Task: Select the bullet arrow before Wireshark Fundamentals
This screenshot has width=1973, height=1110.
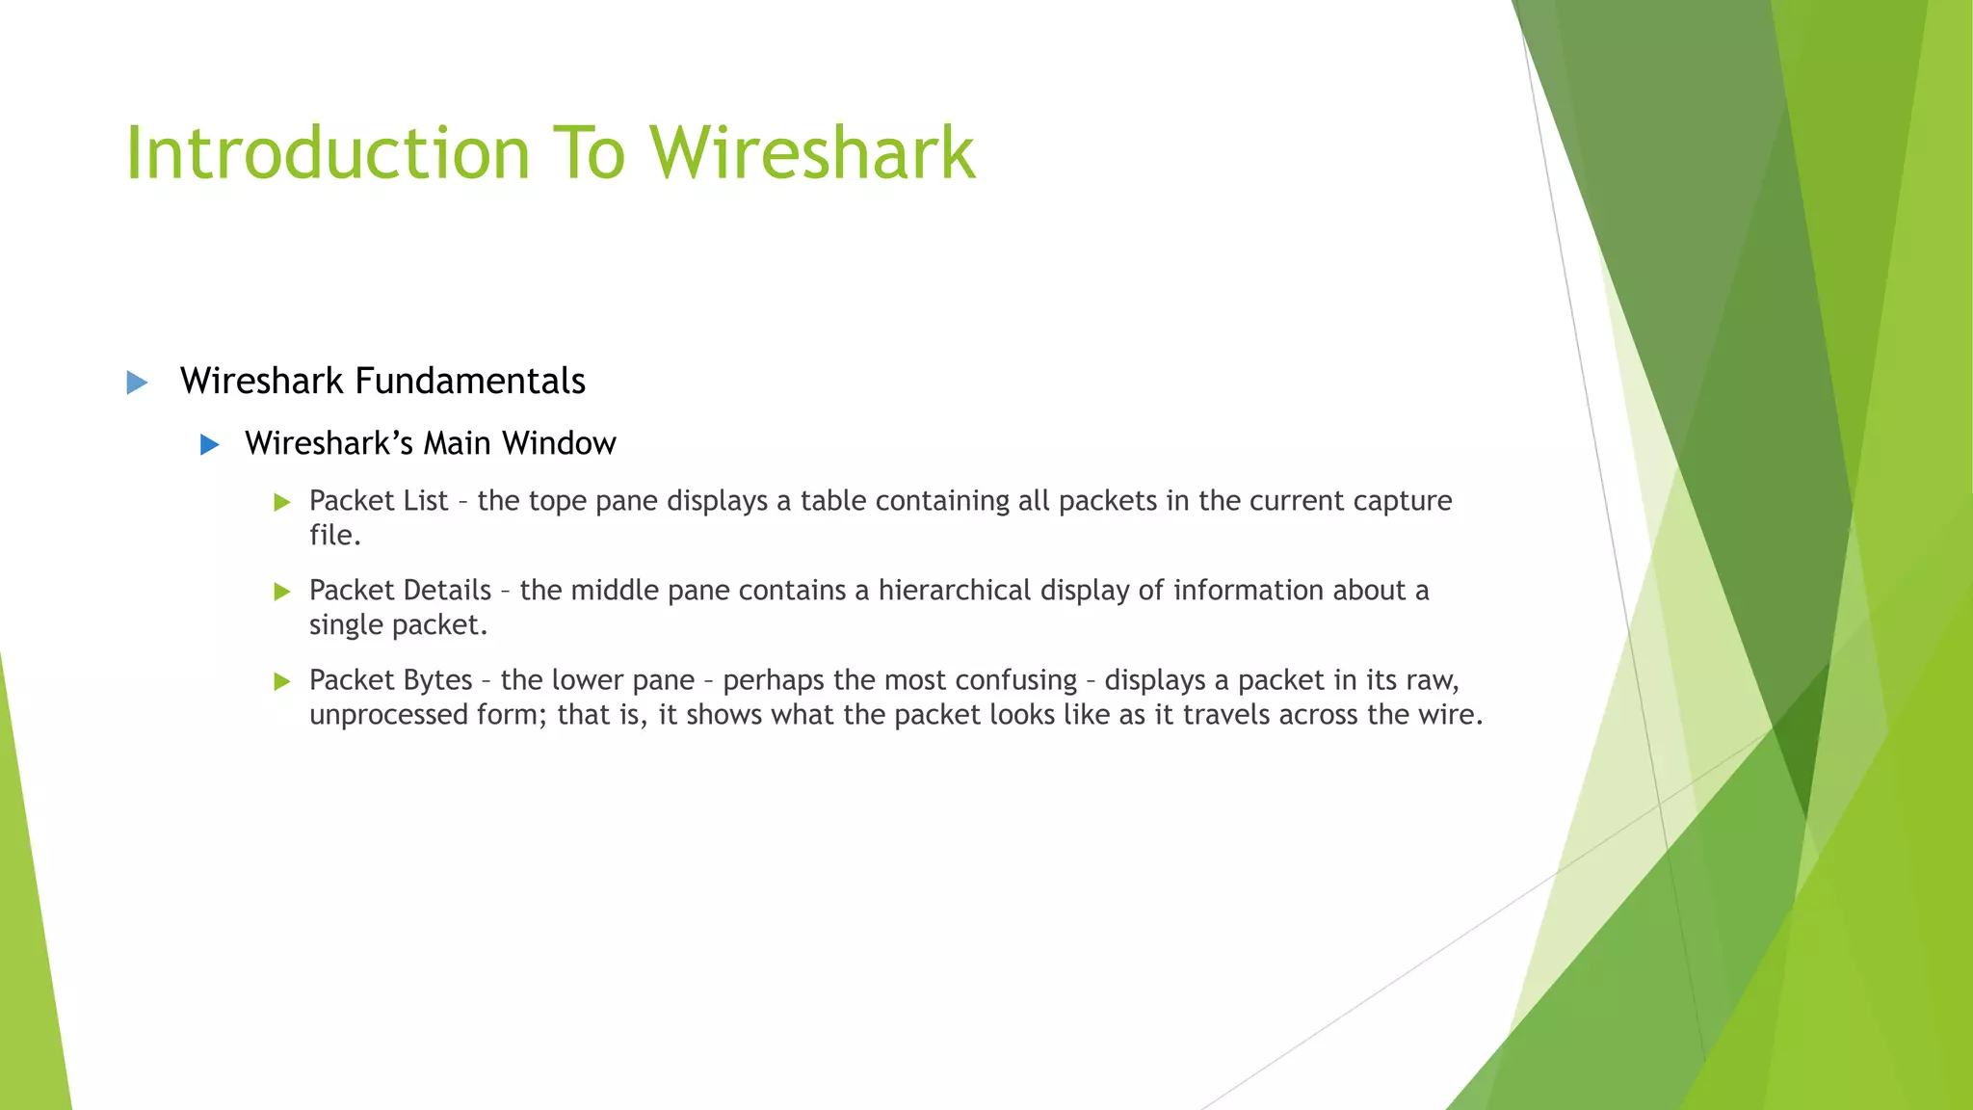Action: point(137,383)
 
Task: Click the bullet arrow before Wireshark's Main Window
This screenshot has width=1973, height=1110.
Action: point(209,444)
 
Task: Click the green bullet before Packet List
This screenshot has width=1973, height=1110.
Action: point(281,502)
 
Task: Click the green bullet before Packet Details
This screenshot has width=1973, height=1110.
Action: point(281,592)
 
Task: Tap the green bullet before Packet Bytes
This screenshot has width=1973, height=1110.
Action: point(281,681)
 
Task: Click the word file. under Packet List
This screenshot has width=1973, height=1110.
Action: point(334,535)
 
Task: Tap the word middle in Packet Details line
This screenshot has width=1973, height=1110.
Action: point(614,590)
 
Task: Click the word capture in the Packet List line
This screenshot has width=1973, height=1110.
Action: point(1402,502)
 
